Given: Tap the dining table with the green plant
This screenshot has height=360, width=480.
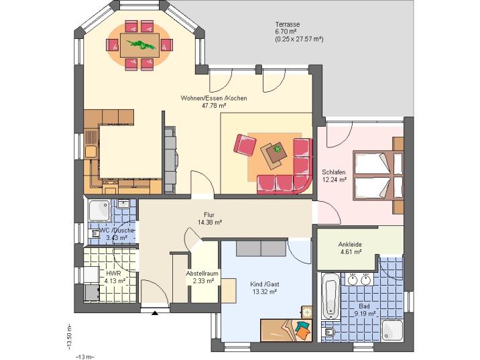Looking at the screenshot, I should point(139,46).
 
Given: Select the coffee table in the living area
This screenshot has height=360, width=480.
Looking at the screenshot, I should point(274,154).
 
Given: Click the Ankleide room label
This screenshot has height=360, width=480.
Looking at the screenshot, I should point(350,245).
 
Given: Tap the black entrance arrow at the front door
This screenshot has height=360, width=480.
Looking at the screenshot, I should point(156,312).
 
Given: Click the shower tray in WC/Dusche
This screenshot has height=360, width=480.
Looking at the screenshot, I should point(100,211).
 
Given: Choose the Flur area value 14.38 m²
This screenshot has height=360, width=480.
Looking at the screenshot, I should point(210,222).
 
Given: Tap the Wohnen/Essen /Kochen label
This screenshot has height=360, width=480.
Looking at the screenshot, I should point(213,98).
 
